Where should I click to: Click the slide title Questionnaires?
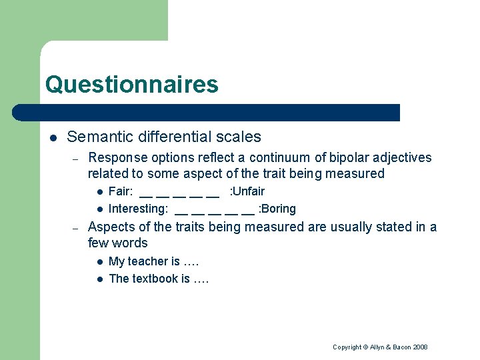[131, 85]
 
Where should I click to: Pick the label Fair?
[121, 191]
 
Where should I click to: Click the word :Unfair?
[247, 191]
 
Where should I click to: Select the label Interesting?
[138, 209]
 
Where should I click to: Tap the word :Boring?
[277, 209]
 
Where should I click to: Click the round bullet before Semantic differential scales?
[53, 138]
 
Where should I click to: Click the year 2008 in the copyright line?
[420, 347]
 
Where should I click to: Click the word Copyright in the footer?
[347, 347]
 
